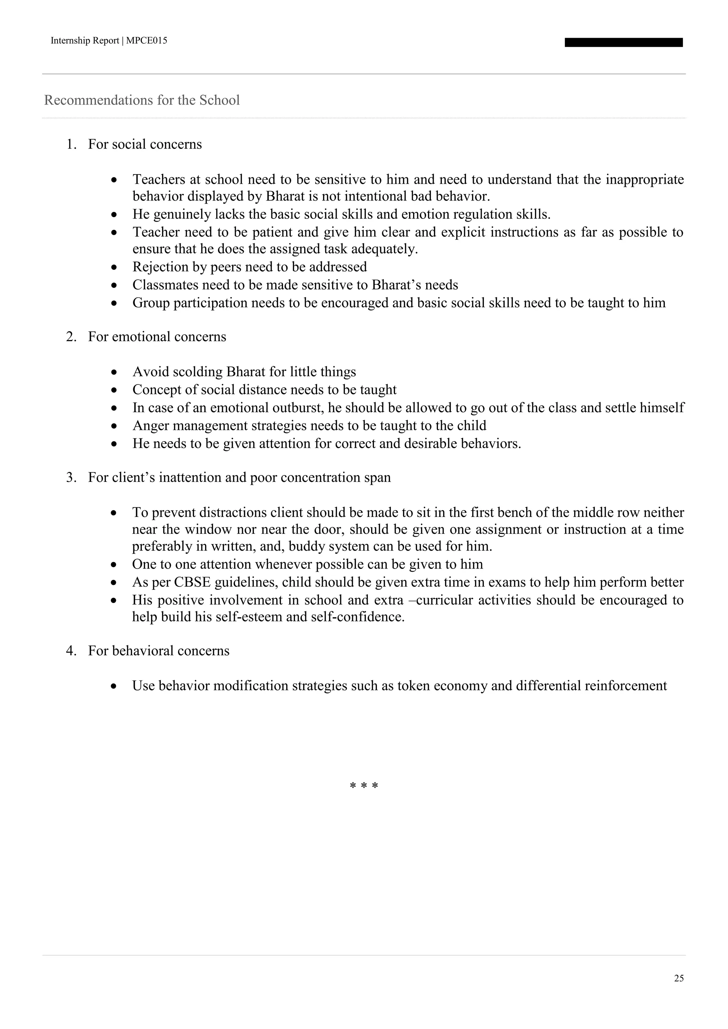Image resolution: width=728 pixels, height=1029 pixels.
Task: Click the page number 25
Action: click(679, 978)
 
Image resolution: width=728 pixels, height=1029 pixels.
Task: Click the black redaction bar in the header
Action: click(623, 43)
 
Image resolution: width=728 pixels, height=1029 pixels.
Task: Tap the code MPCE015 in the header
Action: click(146, 41)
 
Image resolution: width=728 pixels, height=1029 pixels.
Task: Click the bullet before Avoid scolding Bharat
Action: click(115, 372)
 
